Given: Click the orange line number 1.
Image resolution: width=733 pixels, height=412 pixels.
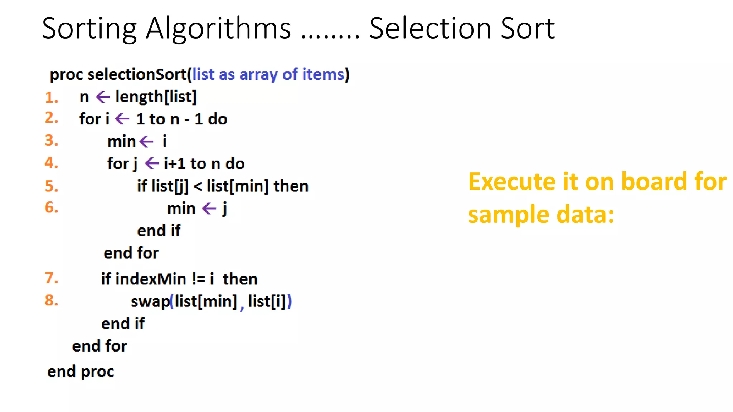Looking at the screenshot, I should coord(51,98).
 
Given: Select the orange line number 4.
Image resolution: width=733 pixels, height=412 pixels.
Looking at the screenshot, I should coord(51,163).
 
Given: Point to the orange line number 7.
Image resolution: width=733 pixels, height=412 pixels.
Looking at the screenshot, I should coord(51,278).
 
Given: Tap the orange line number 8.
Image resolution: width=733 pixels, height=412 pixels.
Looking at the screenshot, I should coord(51,300).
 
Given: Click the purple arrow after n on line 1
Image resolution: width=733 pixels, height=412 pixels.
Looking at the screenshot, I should coord(103,97).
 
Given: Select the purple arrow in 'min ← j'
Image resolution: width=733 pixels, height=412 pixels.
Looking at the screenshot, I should coord(209,209).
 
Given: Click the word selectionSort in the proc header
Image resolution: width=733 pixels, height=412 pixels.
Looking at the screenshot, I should coord(137,74).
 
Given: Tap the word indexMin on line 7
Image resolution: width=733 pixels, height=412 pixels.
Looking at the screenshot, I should coord(151,279).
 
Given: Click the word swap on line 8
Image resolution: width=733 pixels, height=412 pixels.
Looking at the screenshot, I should coord(150,301).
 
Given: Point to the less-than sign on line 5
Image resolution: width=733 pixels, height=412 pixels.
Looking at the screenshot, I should coord(198,186).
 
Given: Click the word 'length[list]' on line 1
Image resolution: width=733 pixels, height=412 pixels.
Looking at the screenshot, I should coord(156,97).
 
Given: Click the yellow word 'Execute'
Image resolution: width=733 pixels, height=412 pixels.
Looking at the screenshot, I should coord(512,181).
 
